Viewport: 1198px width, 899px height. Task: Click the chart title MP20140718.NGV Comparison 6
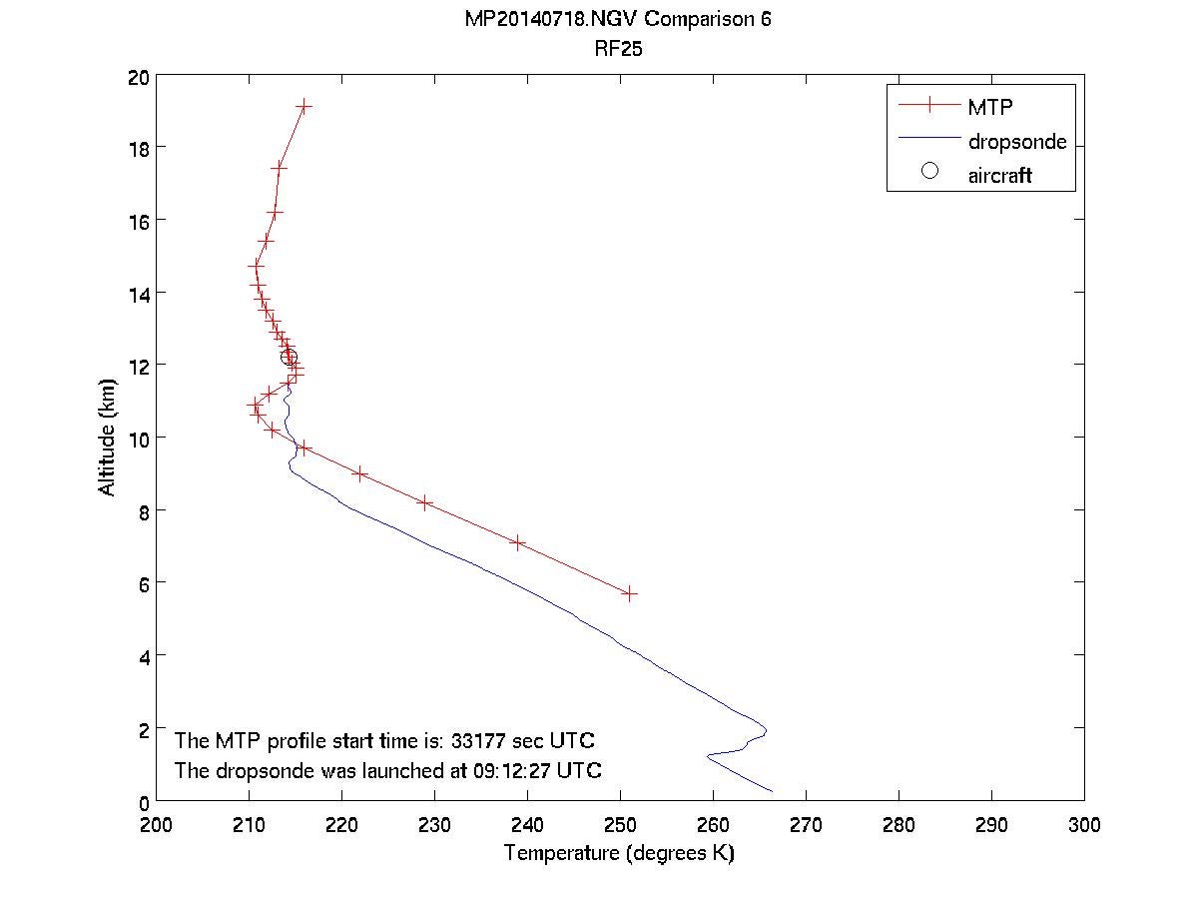618,21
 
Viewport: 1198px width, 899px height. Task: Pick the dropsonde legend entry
1016,142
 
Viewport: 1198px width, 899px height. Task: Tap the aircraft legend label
999,176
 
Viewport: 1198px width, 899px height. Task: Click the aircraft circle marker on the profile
289,357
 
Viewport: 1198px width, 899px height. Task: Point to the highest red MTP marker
303,106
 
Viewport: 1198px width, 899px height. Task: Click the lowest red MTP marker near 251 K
630,593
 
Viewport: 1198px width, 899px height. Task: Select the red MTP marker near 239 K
518,542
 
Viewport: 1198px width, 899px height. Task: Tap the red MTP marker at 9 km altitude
360,474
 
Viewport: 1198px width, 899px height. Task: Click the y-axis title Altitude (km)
107,437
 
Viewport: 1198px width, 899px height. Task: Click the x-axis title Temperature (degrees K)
619,854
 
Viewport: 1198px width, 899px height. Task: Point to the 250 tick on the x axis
620,825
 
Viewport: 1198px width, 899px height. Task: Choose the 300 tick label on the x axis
1083,825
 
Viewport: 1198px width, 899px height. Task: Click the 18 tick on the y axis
139,148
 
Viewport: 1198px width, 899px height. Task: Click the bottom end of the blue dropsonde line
772,791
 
